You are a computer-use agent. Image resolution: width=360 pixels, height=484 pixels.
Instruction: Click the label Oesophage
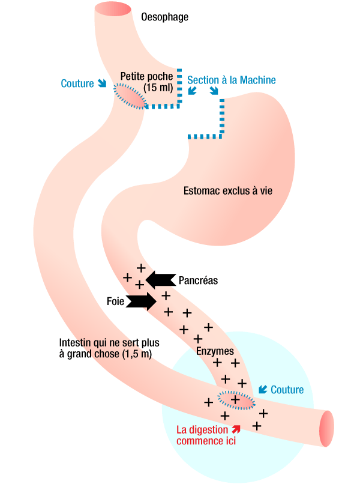pos(164,17)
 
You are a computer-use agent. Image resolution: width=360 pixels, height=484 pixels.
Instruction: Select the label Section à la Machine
pos(232,80)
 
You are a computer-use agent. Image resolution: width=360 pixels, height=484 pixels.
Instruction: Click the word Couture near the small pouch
pos(77,83)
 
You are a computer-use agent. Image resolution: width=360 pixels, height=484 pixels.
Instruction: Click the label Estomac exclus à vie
pos(228,191)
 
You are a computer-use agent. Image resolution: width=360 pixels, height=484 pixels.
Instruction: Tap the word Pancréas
pos(198,280)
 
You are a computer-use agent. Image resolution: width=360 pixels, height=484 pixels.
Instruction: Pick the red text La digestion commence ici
pos(202,435)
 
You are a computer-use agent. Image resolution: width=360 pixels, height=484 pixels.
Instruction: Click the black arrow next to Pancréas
pos(159,279)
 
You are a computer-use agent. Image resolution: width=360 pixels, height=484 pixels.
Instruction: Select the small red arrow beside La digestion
pos(236,429)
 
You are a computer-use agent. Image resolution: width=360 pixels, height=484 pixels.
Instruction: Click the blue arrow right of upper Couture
pos(102,83)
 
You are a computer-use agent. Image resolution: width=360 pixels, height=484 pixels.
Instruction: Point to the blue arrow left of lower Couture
pos(262,390)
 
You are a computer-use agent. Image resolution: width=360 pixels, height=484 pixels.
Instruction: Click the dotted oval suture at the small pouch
pos(131,96)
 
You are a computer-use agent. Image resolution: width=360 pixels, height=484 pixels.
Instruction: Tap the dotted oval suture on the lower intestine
pos(236,399)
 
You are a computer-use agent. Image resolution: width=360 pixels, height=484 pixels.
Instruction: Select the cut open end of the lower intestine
pos(327,430)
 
